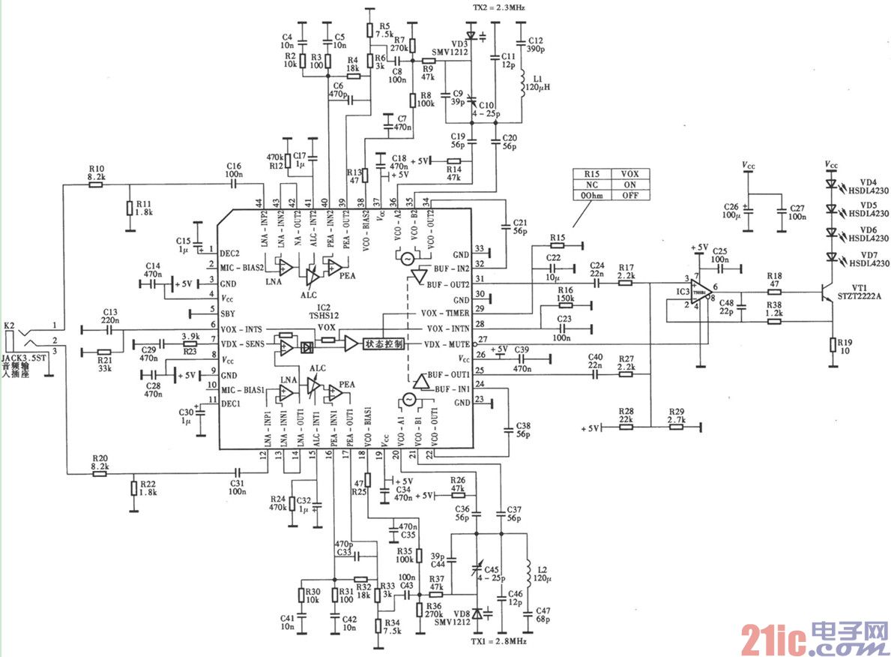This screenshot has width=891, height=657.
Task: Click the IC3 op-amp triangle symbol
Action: click(x=702, y=293)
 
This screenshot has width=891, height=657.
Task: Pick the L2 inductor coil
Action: click(x=531, y=573)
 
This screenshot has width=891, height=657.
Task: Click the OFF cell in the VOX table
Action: click(x=630, y=195)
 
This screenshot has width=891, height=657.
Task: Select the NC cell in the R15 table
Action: click(x=591, y=184)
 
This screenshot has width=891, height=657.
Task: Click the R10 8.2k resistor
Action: click(x=96, y=183)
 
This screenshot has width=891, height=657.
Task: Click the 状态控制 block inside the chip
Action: click(x=384, y=343)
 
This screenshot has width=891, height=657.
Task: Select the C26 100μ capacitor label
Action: click(x=732, y=209)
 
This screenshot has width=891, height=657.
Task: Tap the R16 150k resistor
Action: click(x=566, y=305)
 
